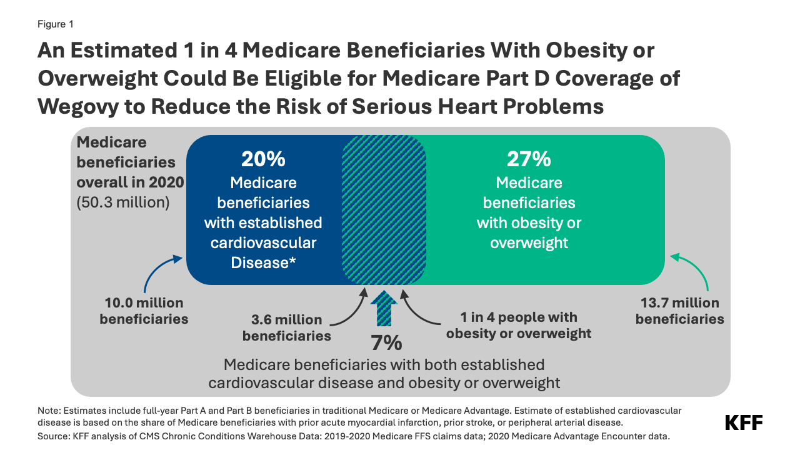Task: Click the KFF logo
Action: click(x=743, y=422)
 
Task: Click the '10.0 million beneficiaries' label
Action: click(x=144, y=311)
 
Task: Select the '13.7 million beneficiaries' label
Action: click(x=679, y=311)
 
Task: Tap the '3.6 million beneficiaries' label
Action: click(x=282, y=327)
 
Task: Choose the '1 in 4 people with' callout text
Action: click(x=511, y=317)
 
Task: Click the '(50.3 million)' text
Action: click(x=123, y=202)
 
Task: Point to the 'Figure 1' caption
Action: click(x=56, y=24)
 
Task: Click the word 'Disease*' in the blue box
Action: click(x=263, y=262)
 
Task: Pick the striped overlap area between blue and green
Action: click(x=384, y=209)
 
